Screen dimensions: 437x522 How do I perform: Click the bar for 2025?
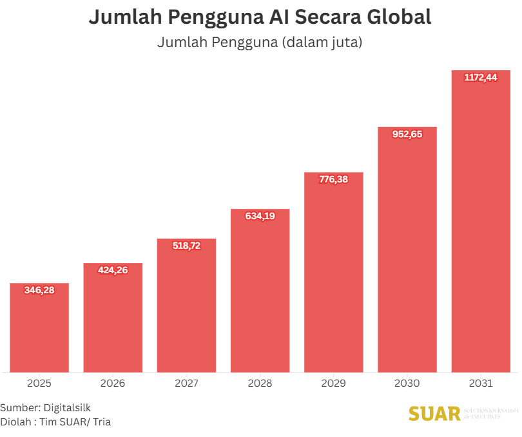click(x=39, y=329)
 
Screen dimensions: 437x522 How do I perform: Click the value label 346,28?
click(x=39, y=290)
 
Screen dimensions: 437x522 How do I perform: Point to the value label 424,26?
click(x=113, y=270)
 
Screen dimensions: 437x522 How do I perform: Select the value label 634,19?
click(x=260, y=216)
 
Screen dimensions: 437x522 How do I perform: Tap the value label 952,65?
click(x=407, y=134)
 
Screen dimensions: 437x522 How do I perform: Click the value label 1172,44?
click(x=481, y=77)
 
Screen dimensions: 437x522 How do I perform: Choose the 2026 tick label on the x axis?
click(x=113, y=384)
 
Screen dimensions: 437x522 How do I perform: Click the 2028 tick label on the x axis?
click(x=260, y=384)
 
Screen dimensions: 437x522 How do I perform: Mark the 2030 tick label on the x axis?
click(x=407, y=384)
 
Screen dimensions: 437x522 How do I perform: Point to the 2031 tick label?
click(x=481, y=384)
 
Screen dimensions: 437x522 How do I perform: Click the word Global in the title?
click(x=393, y=17)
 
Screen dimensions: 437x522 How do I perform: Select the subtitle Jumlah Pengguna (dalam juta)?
click(x=260, y=43)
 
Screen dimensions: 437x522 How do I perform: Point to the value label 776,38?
click(x=333, y=179)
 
